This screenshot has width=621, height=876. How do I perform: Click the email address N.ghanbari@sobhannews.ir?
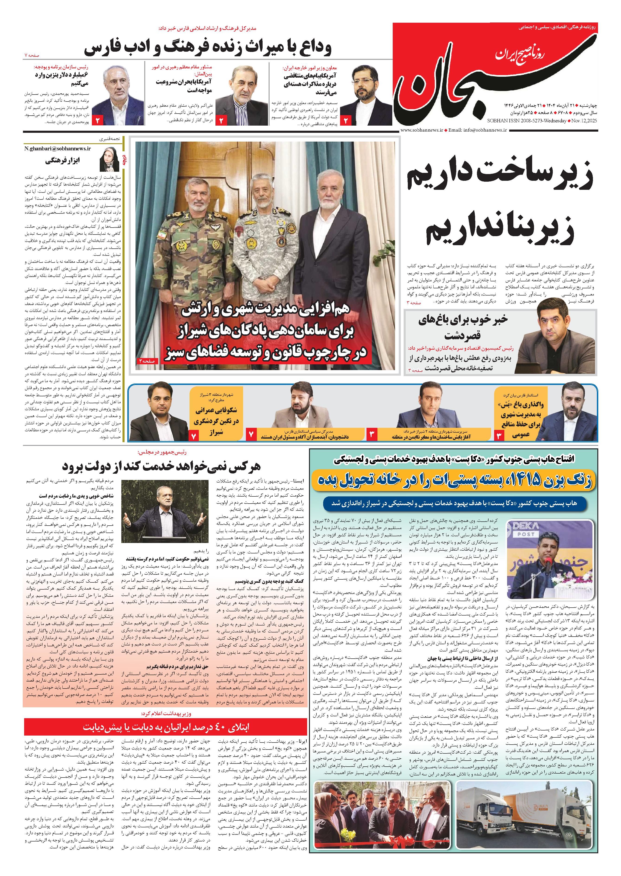(57, 149)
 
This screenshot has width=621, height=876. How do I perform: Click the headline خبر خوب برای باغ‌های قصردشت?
(463, 327)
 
